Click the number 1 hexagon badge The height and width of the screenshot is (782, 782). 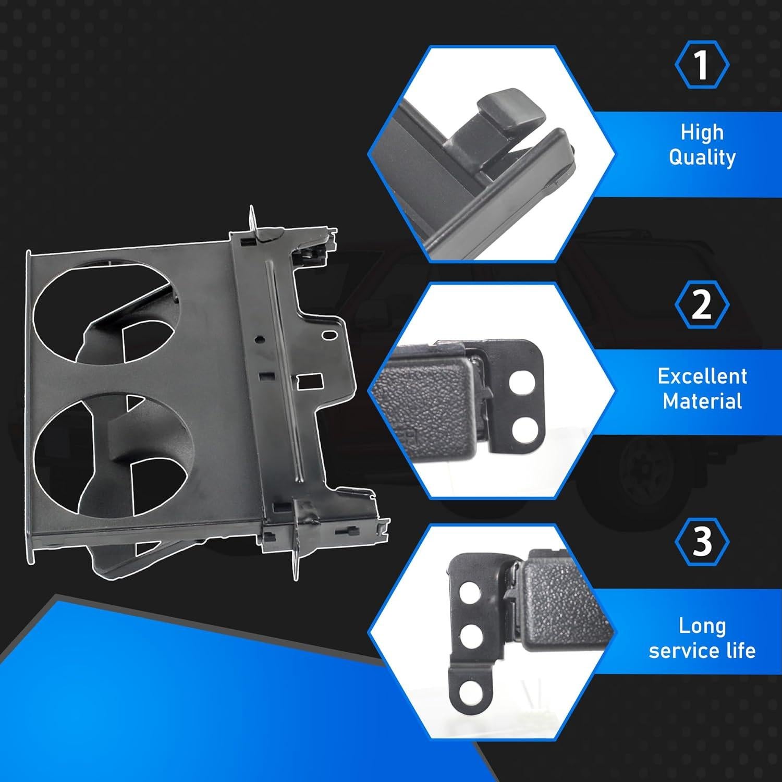click(x=702, y=65)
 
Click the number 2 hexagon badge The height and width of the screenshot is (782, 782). click(x=702, y=305)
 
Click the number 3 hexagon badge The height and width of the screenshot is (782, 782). click(x=702, y=542)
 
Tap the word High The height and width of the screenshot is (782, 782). click(x=702, y=132)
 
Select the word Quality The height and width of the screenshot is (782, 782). click(x=702, y=157)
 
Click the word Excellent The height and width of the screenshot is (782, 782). click(x=702, y=376)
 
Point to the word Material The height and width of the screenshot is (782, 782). click(x=702, y=401)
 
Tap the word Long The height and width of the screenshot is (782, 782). click(x=702, y=626)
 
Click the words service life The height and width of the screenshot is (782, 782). click(x=702, y=651)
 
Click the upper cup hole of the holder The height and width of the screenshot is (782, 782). click(x=104, y=313)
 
